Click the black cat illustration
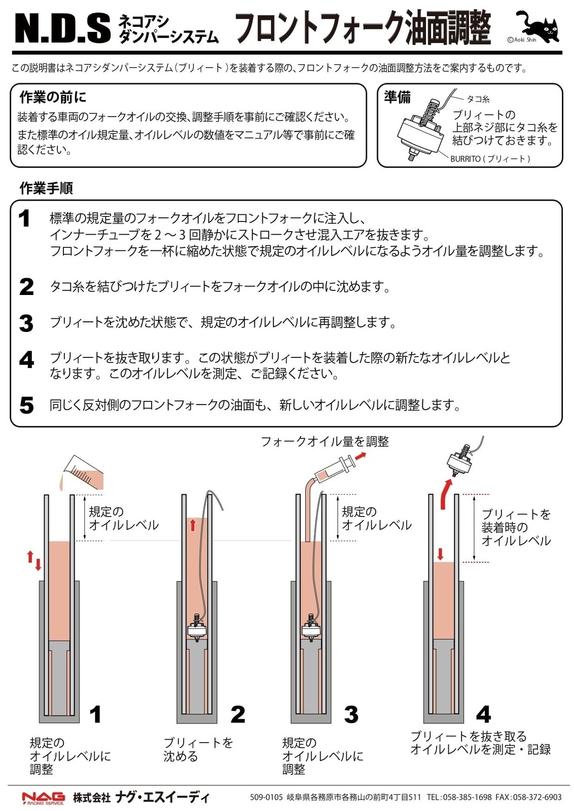tap(540, 26)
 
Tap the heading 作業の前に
tap(53, 97)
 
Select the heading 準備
tap(397, 96)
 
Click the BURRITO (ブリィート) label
tap(490, 159)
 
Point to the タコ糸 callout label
tap(478, 99)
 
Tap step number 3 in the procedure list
tap(26, 323)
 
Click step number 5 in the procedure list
tap(26, 405)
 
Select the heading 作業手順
tap(46, 188)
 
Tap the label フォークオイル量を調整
tap(325, 441)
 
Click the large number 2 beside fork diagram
tap(237, 714)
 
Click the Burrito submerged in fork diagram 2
tap(197, 629)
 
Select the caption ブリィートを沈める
tap(197, 749)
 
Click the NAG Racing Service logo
tap(44, 798)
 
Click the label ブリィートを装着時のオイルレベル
tap(516, 527)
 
